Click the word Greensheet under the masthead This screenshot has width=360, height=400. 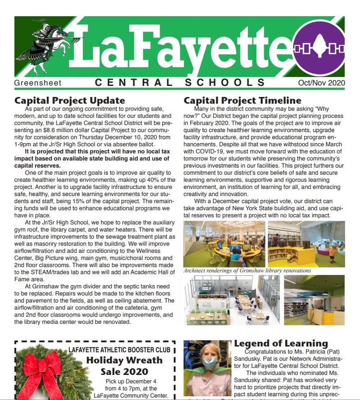pos(38,83)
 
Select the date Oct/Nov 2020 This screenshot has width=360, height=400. pos(321,83)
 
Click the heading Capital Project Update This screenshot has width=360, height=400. pos(69,100)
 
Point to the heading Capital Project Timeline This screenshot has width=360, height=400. pos(243,100)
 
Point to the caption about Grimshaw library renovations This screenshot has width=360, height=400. pos(247,271)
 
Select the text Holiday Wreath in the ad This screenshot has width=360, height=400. pos(124,360)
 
